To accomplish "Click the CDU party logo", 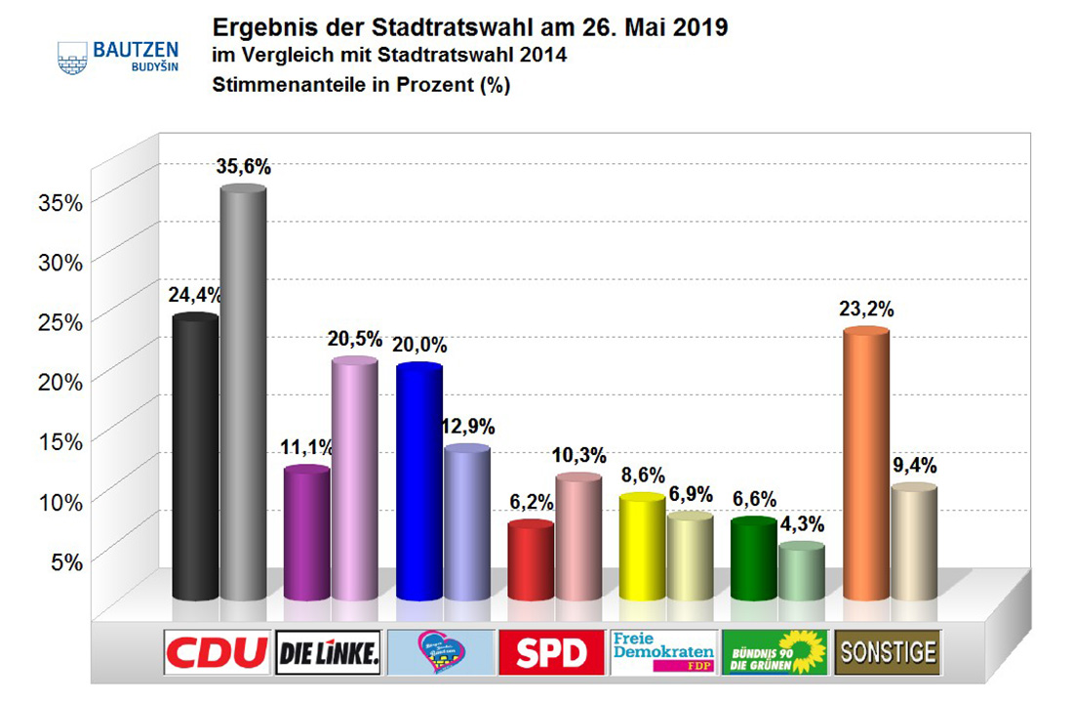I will (217, 652).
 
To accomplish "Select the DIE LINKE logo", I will (329, 652).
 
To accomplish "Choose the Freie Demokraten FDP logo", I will (663, 652).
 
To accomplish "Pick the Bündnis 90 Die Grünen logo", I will (775, 652).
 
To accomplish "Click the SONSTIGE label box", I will (888, 651).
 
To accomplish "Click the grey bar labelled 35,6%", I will (243, 391).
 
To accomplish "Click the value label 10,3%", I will (581, 456).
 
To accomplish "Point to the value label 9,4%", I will (914, 466).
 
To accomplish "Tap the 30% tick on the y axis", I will (60, 262).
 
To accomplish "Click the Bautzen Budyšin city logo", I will (104, 56).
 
